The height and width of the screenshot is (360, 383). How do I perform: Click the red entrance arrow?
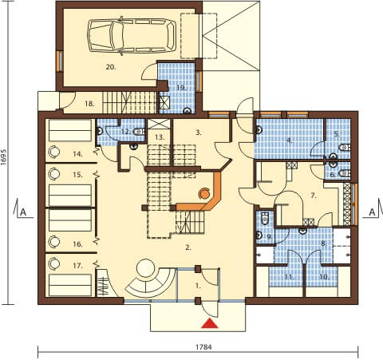pyautogui.click(x=210, y=323)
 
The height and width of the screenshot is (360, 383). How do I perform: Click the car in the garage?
pyautogui.click(x=132, y=36)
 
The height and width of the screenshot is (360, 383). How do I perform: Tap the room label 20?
pyautogui.click(x=111, y=67)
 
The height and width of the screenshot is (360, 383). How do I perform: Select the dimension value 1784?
pyautogui.click(x=203, y=347)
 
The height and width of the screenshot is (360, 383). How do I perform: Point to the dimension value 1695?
pyautogui.click(x=4, y=160)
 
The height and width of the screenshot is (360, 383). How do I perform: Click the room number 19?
pyautogui.click(x=181, y=88)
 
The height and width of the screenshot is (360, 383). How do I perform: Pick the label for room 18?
pyautogui.click(x=89, y=104)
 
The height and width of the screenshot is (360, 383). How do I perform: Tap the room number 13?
pyautogui.click(x=160, y=137)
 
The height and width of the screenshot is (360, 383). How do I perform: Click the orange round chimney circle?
pyautogui.click(x=205, y=193)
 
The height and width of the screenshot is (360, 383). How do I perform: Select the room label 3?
pyautogui.click(x=199, y=133)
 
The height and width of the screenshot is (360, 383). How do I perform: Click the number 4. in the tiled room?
pyautogui.click(x=290, y=140)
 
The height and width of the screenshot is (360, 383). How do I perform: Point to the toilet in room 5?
pyautogui.click(x=345, y=147)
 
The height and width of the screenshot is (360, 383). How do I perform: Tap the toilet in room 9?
pyautogui.click(x=265, y=218)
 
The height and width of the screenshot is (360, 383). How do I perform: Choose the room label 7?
pyautogui.click(x=314, y=196)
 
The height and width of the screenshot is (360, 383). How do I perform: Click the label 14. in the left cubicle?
pyautogui.click(x=77, y=154)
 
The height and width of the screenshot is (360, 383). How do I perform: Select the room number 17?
pyautogui.click(x=77, y=266)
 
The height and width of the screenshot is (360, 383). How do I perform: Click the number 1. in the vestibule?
pyautogui.click(x=198, y=286)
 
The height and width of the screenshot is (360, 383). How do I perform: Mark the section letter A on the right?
pyautogui.click(x=372, y=212)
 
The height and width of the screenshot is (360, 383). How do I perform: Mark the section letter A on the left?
pyautogui.click(x=23, y=212)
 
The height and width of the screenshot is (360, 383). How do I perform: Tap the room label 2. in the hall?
pyautogui.click(x=188, y=247)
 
